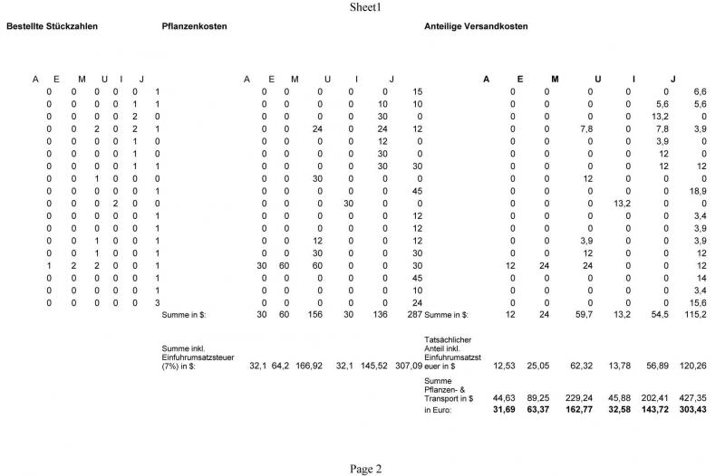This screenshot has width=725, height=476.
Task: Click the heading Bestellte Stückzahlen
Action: pyautogui.click(x=52, y=26)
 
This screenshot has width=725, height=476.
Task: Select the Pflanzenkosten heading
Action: pyautogui.click(x=194, y=26)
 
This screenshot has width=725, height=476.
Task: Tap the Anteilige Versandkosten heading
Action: pyautogui.click(x=476, y=26)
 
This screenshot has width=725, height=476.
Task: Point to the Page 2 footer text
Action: pyautogui.click(x=366, y=469)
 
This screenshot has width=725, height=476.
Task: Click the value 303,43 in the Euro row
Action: pyautogui.click(x=694, y=409)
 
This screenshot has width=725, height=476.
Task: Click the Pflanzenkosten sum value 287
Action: pyautogui.click(x=415, y=314)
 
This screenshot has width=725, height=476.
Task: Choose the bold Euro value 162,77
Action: pyautogui.click(x=577, y=409)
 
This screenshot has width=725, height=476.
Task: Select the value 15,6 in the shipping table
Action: pyautogui.click(x=700, y=302)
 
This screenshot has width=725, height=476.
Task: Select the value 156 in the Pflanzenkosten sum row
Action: pyautogui.click(x=314, y=314)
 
